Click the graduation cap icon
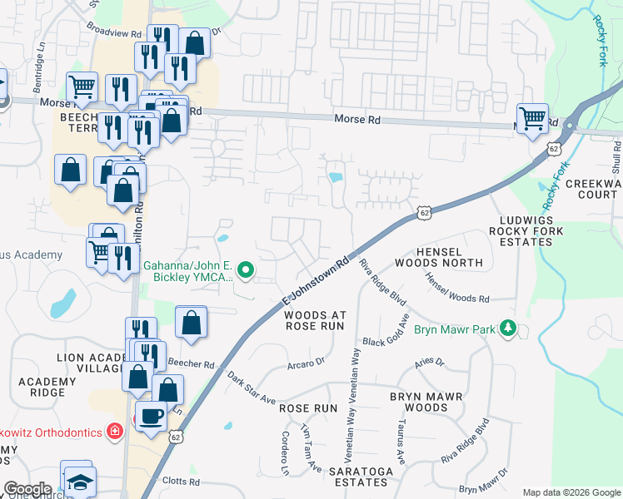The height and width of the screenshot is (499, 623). click(81, 482)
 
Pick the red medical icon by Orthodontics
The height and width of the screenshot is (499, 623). click(114, 432)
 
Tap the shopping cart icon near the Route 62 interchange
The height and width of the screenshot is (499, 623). click(532, 117)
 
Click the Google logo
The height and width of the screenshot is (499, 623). click(27, 489)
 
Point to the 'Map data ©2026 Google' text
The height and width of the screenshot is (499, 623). click(571, 492)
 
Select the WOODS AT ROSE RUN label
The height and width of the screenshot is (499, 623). click(314, 321)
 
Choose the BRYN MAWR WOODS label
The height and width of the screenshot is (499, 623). click(430, 403)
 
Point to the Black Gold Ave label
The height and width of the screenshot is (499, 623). click(386, 333)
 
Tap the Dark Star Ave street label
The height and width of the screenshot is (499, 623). click(251, 388)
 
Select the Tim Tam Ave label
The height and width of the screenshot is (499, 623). click(311, 450)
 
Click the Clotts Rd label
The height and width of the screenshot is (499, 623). click(182, 482)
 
